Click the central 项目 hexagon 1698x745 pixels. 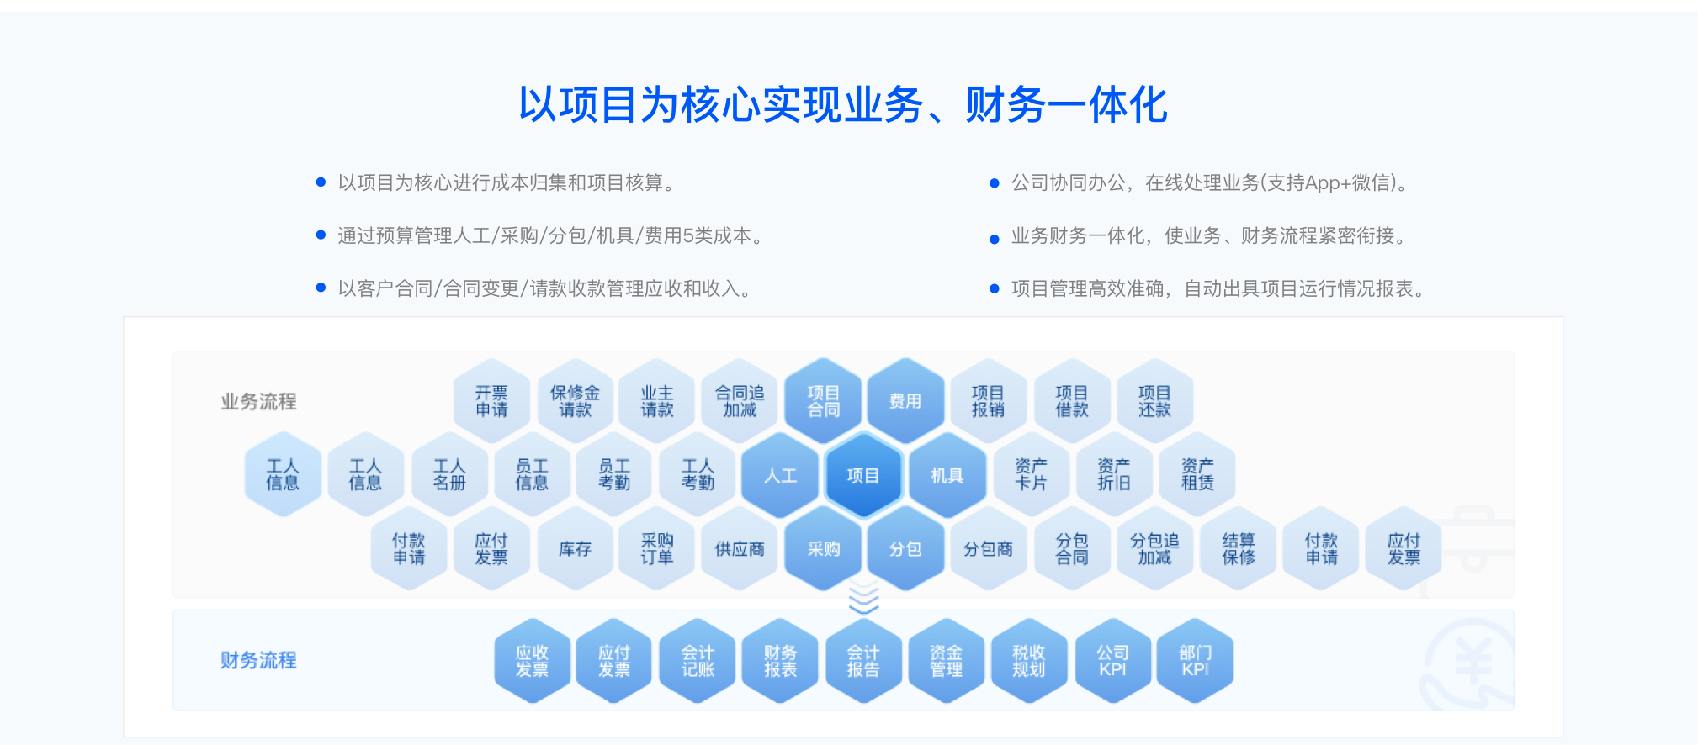click(x=863, y=475)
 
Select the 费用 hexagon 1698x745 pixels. click(x=905, y=401)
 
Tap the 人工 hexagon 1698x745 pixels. click(x=780, y=475)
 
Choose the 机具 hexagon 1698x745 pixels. click(x=947, y=475)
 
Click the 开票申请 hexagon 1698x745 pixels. click(x=491, y=401)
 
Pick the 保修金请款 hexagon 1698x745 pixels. click(x=575, y=401)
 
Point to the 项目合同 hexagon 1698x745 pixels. click(x=823, y=401)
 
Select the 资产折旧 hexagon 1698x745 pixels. click(x=1113, y=475)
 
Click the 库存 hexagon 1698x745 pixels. click(x=575, y=549)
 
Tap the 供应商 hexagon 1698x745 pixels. click(x=740, y=549)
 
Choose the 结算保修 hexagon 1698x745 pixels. click(x=1239, y=549)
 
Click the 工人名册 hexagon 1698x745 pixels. click(x=449, y=475)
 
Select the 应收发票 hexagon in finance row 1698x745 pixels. click(x=532, y=661)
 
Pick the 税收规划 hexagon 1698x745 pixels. click(x=1028, y=661)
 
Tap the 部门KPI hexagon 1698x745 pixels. click(x=1195, y=661)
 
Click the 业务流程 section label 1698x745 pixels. click(x=258, y=402)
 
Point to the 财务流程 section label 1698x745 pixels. click(x=258, y=660)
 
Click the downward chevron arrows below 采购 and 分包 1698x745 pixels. click(x=863, y=598)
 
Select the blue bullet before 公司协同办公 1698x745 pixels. click(x=995, y=183)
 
